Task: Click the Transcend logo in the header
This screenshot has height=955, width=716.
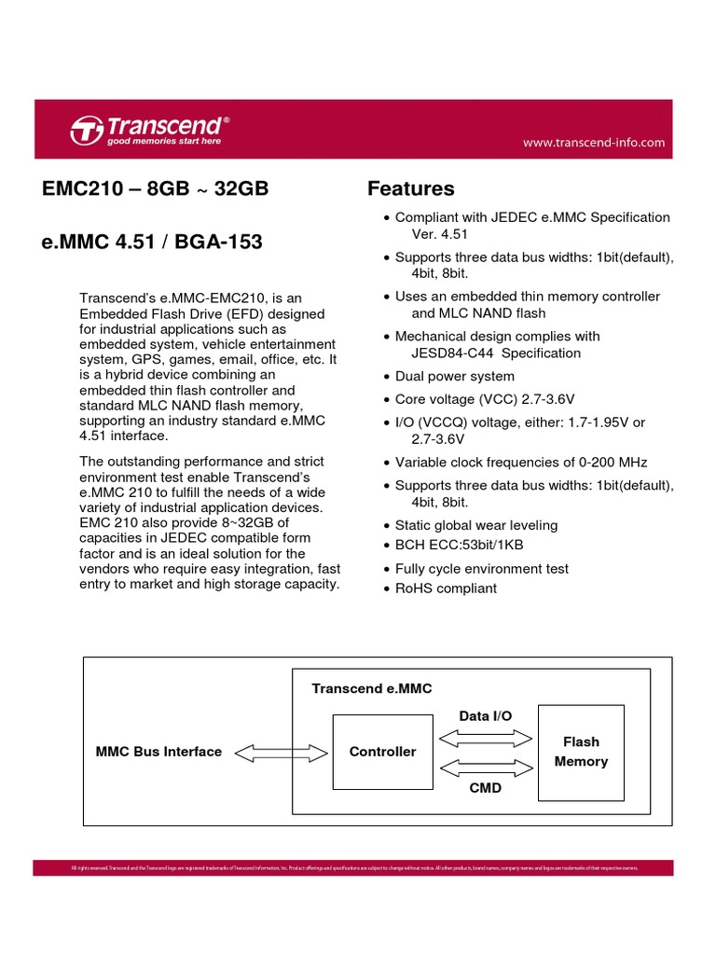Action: click(x=149, y=130)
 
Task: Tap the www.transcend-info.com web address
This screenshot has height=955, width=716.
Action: click(x=594, y=143)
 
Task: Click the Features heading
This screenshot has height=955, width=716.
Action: click(x=411, y=189)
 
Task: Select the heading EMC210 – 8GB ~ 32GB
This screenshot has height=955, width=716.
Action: click(x=156, y=189)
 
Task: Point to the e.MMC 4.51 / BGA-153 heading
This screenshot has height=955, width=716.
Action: click(x=153, y=242)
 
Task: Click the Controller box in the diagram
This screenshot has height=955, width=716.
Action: click(x=382, y=752)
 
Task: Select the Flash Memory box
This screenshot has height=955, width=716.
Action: click(x=581, y=752)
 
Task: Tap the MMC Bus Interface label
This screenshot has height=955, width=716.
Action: click(x=158, y=752)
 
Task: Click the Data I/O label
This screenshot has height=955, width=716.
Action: click(x=486, y=715)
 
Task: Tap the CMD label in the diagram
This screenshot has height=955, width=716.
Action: click(x=486, y=788)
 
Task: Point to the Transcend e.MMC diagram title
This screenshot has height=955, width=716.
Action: click(x=372, y=688)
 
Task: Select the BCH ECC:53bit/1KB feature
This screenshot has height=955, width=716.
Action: click(x=459, y=545)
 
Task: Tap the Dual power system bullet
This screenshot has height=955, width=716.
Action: click(x=454, y=377)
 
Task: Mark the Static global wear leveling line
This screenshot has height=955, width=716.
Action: click(x=475, y=526)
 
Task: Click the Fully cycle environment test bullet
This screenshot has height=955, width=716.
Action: click(x=481, y=569)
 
